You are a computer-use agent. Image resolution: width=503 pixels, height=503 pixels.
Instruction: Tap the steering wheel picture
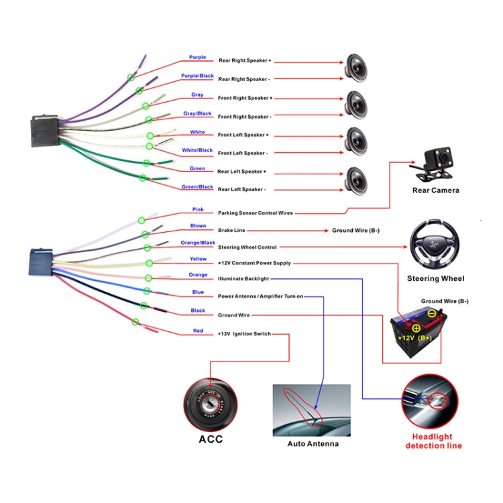tap(435, 246)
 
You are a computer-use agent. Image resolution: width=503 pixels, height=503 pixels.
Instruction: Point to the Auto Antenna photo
tap(311, 410)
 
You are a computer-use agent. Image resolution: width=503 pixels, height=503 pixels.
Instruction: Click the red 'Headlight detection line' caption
tap(433, 441)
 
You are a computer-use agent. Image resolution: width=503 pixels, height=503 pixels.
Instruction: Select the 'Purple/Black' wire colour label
tap(197, 76)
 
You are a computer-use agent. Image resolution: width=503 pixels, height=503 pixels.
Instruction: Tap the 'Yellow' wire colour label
tap(198, 259)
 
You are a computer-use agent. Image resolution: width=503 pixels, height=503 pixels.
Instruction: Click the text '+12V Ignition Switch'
tap(244, 333)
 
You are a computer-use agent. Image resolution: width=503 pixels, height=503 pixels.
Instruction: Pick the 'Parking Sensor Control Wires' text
tap(255, 213)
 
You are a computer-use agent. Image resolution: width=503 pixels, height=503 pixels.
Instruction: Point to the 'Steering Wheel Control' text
tap(247, 247)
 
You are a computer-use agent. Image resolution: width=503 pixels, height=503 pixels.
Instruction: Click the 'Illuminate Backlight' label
tap(243, 278)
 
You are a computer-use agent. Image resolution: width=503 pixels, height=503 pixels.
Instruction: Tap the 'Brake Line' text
tap(231, 230)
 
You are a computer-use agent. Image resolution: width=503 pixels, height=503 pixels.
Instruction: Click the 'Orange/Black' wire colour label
tap(198, 242)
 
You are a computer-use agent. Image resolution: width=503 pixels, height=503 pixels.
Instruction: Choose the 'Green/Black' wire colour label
tap(197, 186)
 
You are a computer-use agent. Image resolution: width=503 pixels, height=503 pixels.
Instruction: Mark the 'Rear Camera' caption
tap(435, 190)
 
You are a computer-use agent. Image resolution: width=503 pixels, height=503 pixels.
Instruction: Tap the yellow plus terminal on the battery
tap(416, 328)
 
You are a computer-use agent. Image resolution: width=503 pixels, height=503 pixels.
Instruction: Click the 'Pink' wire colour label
tap(198, 209)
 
